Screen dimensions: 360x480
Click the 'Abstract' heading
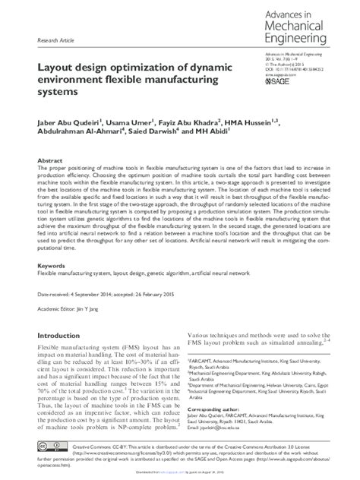(x=50, y=163)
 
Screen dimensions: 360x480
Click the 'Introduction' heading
(x=62, y=335)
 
